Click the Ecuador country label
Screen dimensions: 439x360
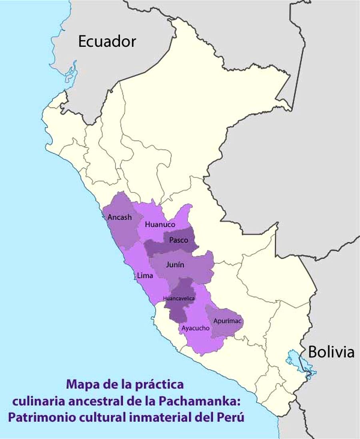tap(107, 41)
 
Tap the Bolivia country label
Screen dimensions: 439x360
tap(331, 352)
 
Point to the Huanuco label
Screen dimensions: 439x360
tap(160, 225)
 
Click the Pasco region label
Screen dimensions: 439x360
tap(176, 240)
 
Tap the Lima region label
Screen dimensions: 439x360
tap(144, 276)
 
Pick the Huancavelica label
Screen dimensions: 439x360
tap(179, 299)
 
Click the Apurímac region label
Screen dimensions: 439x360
tap(227, 321)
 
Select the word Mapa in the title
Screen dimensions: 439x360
tap(81, 385)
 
